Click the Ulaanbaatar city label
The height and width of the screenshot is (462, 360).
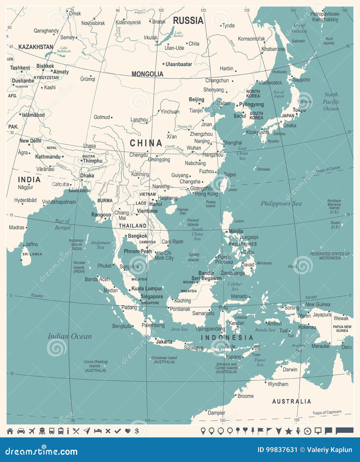[179, 64]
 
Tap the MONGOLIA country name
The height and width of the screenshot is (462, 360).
[147, 74]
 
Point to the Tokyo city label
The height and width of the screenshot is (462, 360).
[299, 110]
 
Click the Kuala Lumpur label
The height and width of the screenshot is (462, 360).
[147, 288]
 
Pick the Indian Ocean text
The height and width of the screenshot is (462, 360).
[70, 336]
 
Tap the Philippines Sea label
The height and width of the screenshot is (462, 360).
[281, 203]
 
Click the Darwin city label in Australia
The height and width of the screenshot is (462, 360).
[290, 370]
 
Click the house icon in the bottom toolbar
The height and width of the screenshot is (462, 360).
[10, 431]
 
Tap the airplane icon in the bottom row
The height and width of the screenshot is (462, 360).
[32, 431]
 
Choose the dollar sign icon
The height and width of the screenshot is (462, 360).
[137, 431]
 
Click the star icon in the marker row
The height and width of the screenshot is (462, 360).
[288, 431]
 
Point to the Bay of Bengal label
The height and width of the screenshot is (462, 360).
[63, 224]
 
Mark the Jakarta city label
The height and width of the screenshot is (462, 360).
[164, 342]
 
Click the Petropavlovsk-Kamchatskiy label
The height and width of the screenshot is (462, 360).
[325, 17]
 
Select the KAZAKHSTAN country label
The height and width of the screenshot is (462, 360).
[36, 47]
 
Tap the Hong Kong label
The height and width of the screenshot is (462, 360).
[206, 194]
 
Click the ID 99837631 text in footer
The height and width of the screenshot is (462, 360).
[277, 450]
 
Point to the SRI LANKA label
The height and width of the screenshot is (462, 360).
[32, 254]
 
